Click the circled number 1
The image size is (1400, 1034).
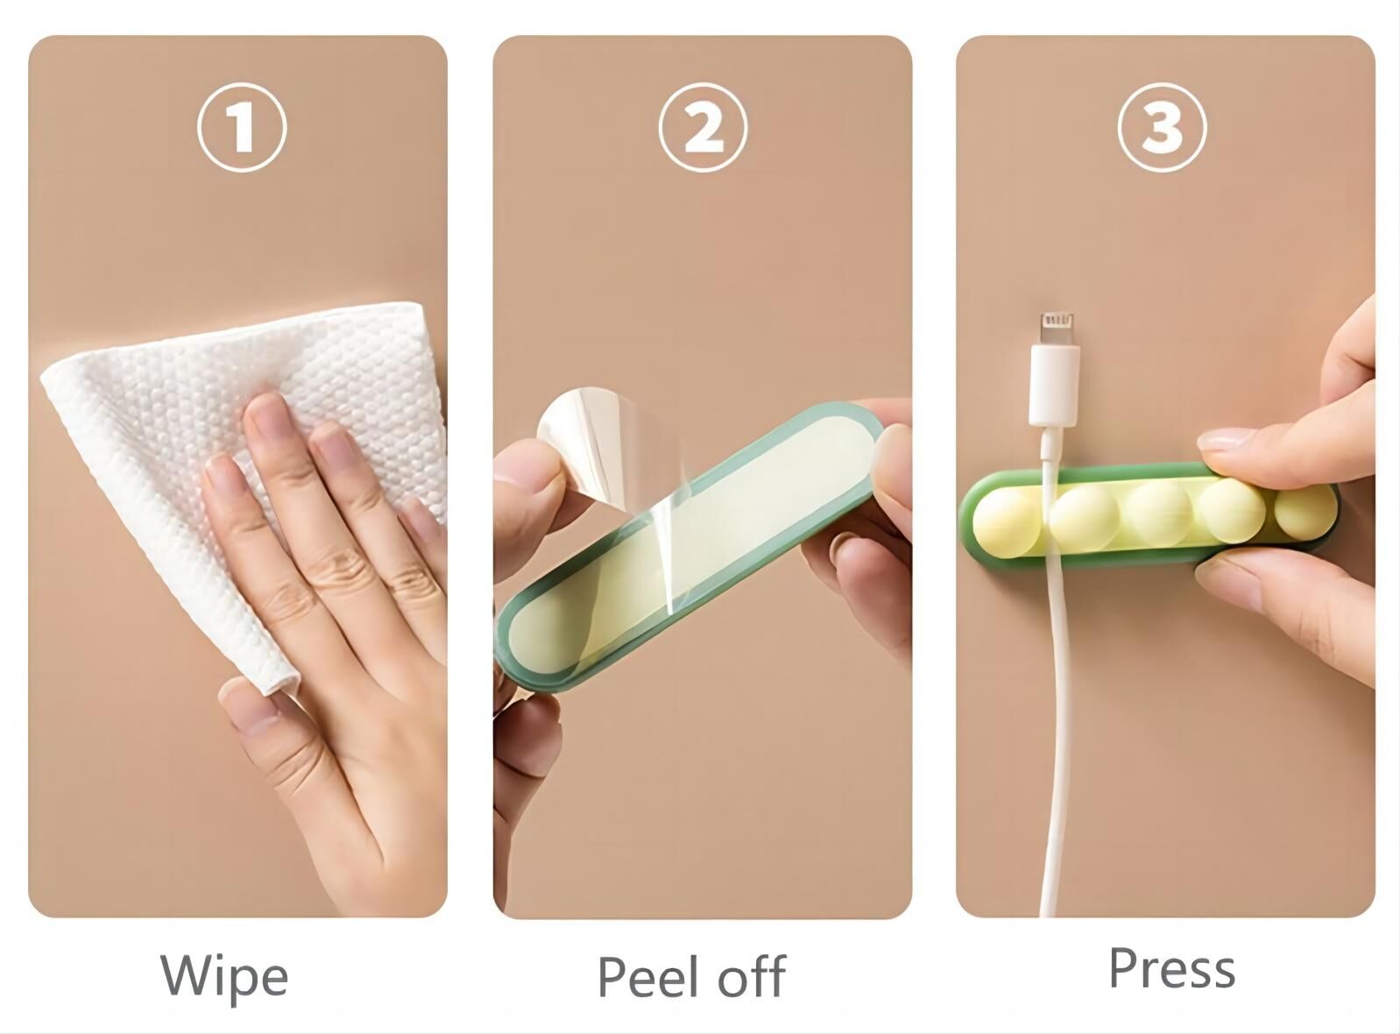tap(242, 127)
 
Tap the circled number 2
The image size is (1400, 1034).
tap(703, 127)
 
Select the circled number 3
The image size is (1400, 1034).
tap(1162, 127)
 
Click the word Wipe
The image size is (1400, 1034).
tap(224, 976)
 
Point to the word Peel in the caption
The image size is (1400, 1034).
tap(649, 976)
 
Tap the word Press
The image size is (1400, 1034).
tap(1172, 967)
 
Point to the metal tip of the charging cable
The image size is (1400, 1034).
tap(1057, 329)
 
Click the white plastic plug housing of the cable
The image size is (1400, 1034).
tap(1053, 385)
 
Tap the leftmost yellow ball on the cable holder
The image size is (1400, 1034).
tap(1006, 522)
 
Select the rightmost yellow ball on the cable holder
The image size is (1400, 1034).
tap(1305, 510)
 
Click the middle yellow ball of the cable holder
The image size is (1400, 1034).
tap(1159, 513)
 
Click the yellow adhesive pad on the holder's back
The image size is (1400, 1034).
tap(688, 543)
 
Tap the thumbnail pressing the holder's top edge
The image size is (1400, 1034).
tap(1227, 439)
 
